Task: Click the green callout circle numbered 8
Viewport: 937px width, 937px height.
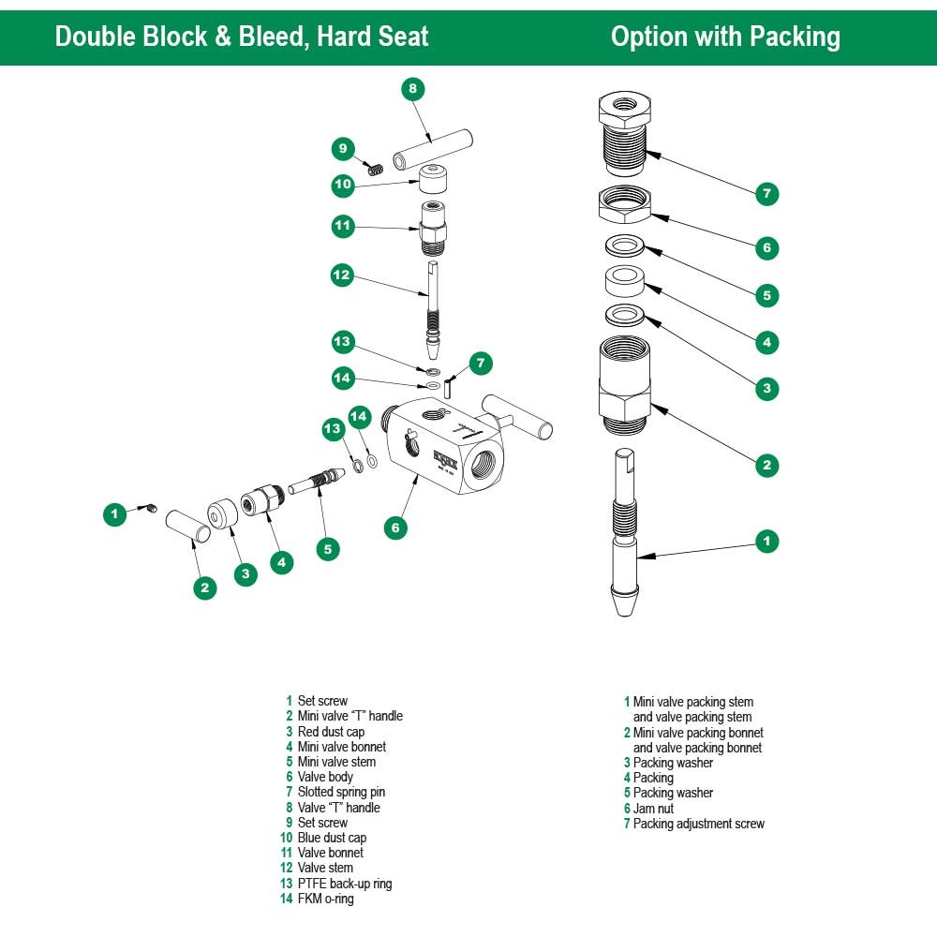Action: pos(412,90)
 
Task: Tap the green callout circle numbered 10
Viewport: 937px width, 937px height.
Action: pos(343,185)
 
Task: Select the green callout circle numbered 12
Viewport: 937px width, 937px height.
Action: pos(342,275)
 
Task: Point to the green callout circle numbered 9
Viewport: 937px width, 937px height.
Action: pos(343,148)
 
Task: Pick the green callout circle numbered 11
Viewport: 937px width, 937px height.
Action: pos(343,226)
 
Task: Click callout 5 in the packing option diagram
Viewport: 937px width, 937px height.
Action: pos(766,295)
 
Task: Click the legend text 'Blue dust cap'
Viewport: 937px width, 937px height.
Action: pos(332,838)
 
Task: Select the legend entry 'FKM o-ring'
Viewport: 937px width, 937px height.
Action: pos(325,899)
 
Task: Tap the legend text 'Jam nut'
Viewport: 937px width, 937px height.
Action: pos(653,809)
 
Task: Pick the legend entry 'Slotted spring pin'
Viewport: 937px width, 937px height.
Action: pos(341,793)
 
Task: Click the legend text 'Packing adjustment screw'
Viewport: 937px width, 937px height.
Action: pos(698,824)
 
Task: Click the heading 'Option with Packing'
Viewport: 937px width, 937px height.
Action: pos(725,37)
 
